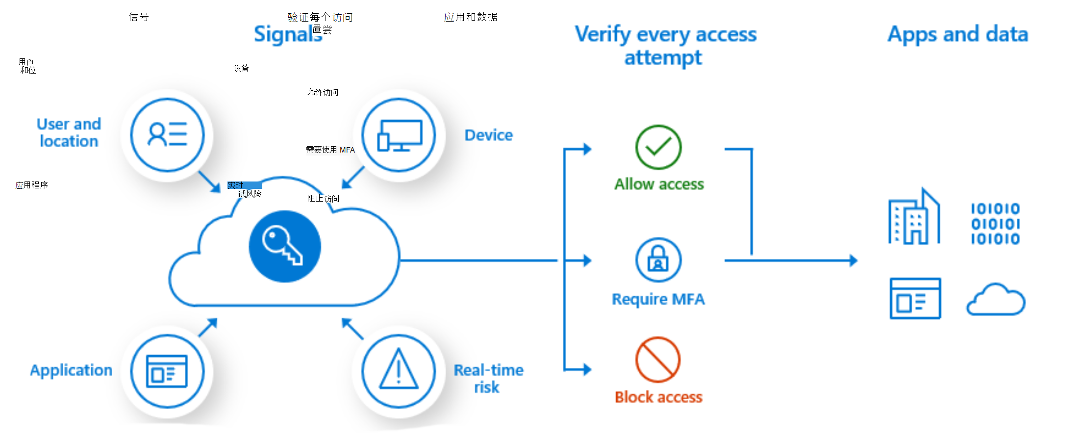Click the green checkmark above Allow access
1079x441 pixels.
[658, 147]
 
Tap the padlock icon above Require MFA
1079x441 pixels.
[658, 260]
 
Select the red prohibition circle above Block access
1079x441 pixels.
[658, 360]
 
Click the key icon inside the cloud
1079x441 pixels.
[284, 246]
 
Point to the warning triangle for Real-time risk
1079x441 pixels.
[399, 371]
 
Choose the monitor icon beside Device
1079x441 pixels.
[399, 135]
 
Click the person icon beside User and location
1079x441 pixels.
[167, 135]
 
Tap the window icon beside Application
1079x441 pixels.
[167, 371]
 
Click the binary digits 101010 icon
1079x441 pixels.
[995, 224]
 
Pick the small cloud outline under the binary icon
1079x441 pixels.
[995, 299]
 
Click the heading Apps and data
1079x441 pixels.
[957, 34]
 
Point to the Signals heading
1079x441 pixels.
[287, 34]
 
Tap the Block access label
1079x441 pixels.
[658, 397]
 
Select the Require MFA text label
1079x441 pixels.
[658, 299]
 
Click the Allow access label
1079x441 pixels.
[659, 184]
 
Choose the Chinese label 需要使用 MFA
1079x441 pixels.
[330, 150]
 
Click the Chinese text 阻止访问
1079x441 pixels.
[323, 198]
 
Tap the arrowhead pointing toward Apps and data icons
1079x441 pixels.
[853, 260]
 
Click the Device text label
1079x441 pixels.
[488, 135]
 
